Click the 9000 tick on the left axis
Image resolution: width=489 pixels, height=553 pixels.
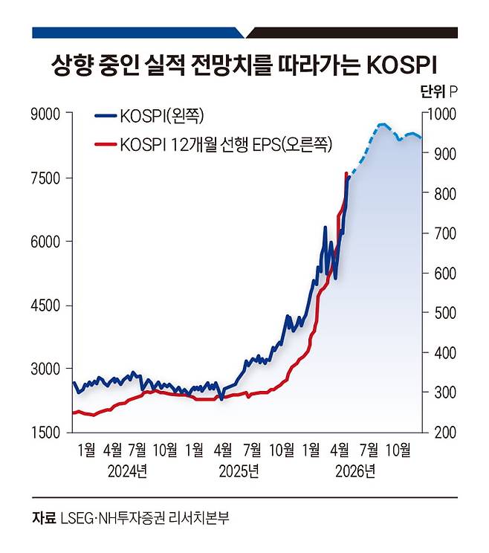point(45,114)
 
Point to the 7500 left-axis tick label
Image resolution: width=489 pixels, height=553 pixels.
point(45,178)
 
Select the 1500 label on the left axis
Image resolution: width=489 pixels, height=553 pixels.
point(45,433)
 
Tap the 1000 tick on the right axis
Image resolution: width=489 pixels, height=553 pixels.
point(441,114)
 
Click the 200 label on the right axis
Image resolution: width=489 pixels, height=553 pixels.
point(445,433)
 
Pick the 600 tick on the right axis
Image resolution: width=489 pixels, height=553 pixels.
point(445,274)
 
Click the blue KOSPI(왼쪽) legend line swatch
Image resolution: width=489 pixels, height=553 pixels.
point(106,115)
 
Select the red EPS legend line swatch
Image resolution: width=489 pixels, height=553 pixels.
point(106,144)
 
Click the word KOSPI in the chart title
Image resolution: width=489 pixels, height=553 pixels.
point(402,65)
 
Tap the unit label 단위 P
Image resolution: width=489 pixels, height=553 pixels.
point(439,91)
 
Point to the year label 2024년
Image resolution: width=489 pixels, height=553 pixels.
point(127,471)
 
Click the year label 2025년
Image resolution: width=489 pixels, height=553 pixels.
point(239,471)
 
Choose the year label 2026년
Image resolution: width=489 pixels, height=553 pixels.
point(355,471)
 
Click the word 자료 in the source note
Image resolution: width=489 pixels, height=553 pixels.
point(44,518)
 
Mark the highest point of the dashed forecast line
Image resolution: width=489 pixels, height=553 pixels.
point(382,124)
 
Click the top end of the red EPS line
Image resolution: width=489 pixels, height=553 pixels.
point(346,172)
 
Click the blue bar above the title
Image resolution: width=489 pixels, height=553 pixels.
point(137,33)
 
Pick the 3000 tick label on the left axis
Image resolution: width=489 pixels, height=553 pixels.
point(45,369)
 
